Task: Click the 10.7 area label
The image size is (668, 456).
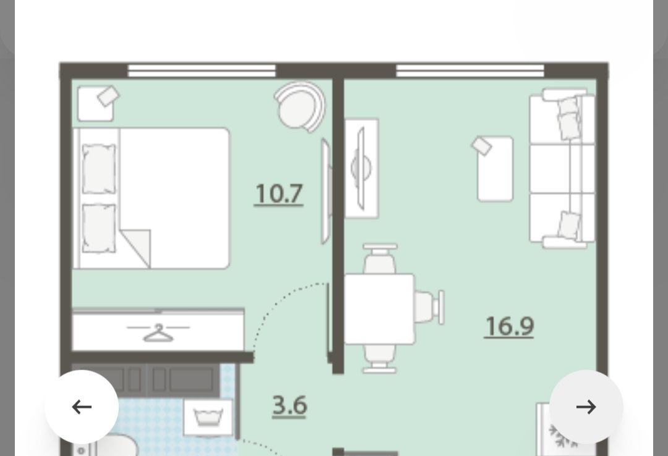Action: point(279,194)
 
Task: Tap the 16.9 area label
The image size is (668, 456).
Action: point(509,327)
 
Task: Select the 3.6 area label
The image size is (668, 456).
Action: point(289,406)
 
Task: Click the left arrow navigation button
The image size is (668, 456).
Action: point(82,407)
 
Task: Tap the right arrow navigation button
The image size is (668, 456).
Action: point(586,407)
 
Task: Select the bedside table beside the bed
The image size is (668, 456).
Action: point(95,104)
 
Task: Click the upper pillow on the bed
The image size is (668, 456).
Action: point(99,169)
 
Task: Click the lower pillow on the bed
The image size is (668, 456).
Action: point(99,228)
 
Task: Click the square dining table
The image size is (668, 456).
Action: point(379,309)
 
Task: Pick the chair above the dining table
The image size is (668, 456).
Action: point(380,259)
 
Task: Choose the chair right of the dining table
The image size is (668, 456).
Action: point(429,308)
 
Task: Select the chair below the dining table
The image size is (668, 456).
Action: point(380,358)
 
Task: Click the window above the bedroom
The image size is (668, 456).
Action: point(202,70)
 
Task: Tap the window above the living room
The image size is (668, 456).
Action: point(470,70)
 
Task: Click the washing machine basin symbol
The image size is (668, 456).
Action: point(208,417)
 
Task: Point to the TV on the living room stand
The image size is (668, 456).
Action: point(361,169)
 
